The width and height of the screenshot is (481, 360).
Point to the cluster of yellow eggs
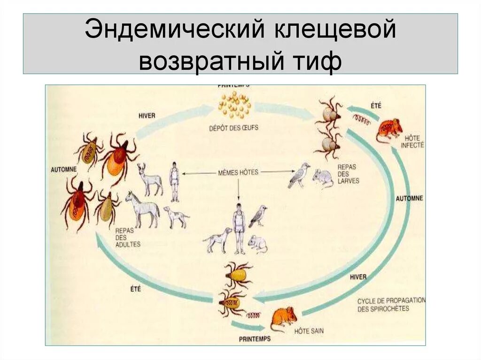tap(234, 105)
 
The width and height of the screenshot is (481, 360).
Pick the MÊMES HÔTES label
tap(238, 172)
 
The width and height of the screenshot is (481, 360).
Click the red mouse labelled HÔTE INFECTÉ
tap(389, 129)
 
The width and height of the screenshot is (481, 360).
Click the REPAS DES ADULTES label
tap(127, 237)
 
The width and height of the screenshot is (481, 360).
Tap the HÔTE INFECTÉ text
tap(412, 141)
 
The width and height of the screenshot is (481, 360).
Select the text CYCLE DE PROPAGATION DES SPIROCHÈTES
tap(390, 304)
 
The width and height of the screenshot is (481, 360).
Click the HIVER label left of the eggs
tap(147, 115)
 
